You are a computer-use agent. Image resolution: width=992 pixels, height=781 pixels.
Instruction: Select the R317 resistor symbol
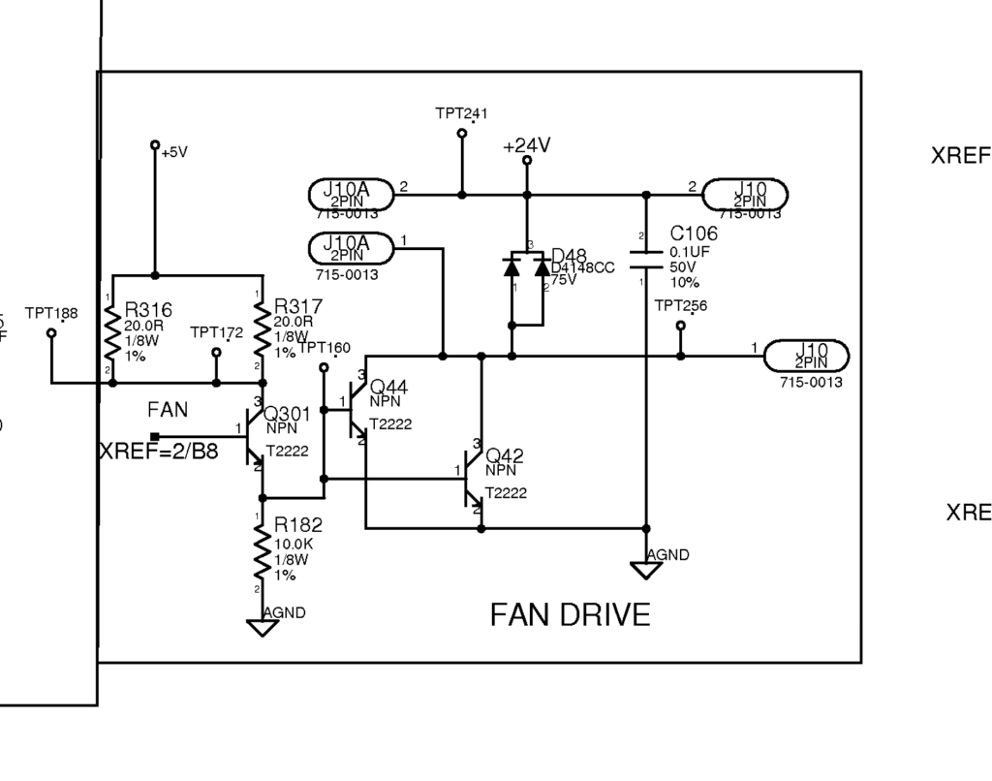click(x=261, y=328)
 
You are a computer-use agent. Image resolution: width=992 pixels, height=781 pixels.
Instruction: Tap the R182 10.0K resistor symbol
click(x=261, y=553)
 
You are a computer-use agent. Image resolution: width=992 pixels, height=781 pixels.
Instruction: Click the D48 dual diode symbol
click(x=527, y=275)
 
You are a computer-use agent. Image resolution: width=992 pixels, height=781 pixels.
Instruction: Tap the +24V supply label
click(x=527, y=145)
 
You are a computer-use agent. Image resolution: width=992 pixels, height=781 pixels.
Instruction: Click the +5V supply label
click(x=174, y=152)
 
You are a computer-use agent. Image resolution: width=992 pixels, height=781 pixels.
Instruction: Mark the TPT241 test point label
click(x=461, y=113)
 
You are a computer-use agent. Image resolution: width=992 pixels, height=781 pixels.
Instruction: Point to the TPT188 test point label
click(x=51, y=313)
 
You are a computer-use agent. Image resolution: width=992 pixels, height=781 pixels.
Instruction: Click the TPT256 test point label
click(x=681, y=306)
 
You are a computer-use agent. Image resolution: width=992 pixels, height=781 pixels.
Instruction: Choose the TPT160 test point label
click(x=325, y=348)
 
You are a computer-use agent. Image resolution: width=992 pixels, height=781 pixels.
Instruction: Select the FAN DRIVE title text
click(x=570, y=614)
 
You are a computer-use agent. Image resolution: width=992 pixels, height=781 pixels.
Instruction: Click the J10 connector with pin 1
click(x=807, y=356)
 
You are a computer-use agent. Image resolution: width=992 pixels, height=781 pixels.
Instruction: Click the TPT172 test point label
click(x=216, y=332)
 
